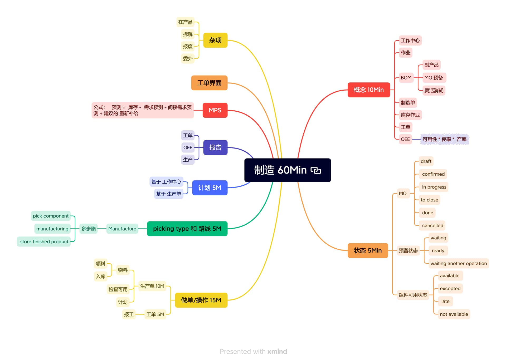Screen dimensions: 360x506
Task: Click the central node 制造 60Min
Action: [x=287, y=170]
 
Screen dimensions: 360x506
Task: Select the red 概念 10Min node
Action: [x=368, y=90]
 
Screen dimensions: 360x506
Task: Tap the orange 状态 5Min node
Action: [x=368, y=250]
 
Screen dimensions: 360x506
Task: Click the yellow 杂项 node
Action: [x=215, y=40]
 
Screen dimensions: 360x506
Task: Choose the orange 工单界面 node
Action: [x=209, y=83]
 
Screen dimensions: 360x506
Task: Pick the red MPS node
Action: [x=215, y=110]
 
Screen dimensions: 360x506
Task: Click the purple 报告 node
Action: [x=215, y=147]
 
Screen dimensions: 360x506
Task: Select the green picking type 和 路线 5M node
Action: [x=187, y=229]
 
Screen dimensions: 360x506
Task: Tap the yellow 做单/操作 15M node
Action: [x=201, y=300]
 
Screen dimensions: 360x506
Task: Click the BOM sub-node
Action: [x=406, y=78]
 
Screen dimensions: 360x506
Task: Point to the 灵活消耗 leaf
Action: [x=434, y=91]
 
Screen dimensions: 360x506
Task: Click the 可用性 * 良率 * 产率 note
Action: [x=444, y=139]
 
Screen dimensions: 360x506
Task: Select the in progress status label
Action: [x=434, y=187]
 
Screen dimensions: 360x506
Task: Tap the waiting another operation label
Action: [x=458, y=263]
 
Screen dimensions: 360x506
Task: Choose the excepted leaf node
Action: [x=450, y=288]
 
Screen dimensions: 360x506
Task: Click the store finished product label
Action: [x=44, y=241]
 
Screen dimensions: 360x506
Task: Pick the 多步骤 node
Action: [x=88, y=229]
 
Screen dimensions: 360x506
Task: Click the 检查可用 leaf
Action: [x=118, y=289]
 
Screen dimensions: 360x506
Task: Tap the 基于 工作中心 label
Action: [x=166, y=182]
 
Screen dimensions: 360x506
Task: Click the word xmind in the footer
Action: [x=277, y=352]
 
